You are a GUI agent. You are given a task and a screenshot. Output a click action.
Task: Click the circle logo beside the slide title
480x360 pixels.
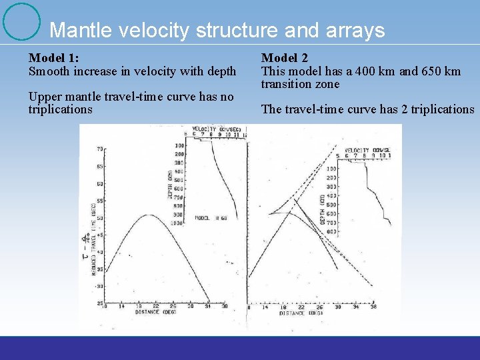click(x=21, y=21)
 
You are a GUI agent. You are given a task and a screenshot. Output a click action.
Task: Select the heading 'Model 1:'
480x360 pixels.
click(x=54, y=59)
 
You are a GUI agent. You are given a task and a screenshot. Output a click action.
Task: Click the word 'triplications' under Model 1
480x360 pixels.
click(x=60, y=109)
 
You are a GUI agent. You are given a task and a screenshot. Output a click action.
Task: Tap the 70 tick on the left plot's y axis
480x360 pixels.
click(x=100, y=149)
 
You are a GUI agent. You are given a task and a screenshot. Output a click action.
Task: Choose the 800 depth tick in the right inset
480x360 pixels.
click(x=331, y=232)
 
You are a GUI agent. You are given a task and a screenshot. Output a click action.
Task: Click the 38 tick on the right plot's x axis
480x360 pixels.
click(x=373, y=307)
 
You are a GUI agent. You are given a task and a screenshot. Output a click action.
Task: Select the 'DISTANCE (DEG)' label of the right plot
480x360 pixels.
click(x=300, y=313)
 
